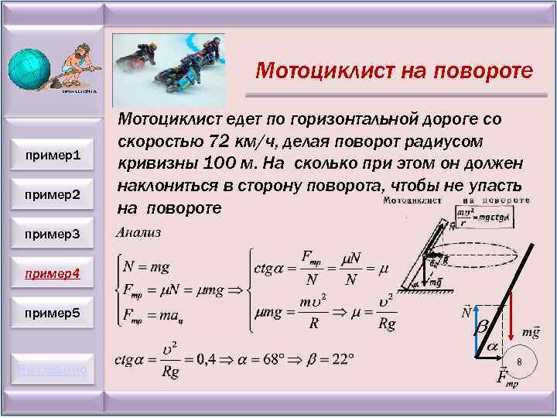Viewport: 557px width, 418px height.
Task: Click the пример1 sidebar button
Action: pos(53,156)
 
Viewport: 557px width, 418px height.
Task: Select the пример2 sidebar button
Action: pos(53,194)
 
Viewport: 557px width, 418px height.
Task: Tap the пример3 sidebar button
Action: pos(53,235)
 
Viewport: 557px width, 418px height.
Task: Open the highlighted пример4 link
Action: pos(53,274)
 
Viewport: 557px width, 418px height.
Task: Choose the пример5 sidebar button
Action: pos(53,313)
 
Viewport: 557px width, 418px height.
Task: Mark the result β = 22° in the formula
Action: pos(327,359)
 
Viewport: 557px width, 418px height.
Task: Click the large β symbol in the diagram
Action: pos(480,328)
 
